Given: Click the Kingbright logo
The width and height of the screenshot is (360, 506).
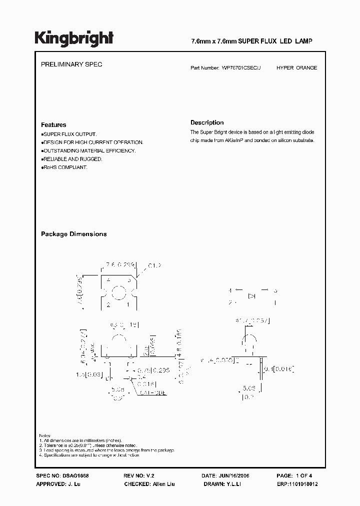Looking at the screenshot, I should coord(74,39).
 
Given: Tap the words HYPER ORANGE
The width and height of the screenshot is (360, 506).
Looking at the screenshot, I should coord(296,67).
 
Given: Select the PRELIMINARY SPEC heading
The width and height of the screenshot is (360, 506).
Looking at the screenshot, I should coord(71,65).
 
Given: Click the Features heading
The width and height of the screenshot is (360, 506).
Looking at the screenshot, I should coord(53,125).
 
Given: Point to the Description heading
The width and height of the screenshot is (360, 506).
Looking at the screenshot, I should coord(207,122).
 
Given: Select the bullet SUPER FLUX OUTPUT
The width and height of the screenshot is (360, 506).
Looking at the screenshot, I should coord(69,134).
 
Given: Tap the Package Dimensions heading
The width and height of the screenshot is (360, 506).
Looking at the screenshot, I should coord(73,234).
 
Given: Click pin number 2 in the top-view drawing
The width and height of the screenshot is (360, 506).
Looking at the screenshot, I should coord(108,304).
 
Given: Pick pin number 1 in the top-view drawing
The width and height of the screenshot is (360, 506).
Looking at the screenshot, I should coord(127,304).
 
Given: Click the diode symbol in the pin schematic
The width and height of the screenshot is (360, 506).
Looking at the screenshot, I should coord(252,296).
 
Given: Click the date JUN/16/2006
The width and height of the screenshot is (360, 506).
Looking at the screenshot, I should coord(239,476).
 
